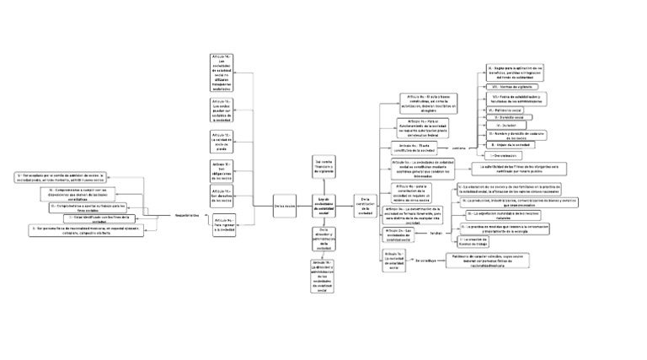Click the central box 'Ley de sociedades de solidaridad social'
[324, 205]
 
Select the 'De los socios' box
[286, 205]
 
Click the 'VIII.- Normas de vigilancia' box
[515, 86]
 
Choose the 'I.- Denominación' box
[505, 156]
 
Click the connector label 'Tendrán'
[437, 231]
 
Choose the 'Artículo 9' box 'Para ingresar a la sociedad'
[223, 223]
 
